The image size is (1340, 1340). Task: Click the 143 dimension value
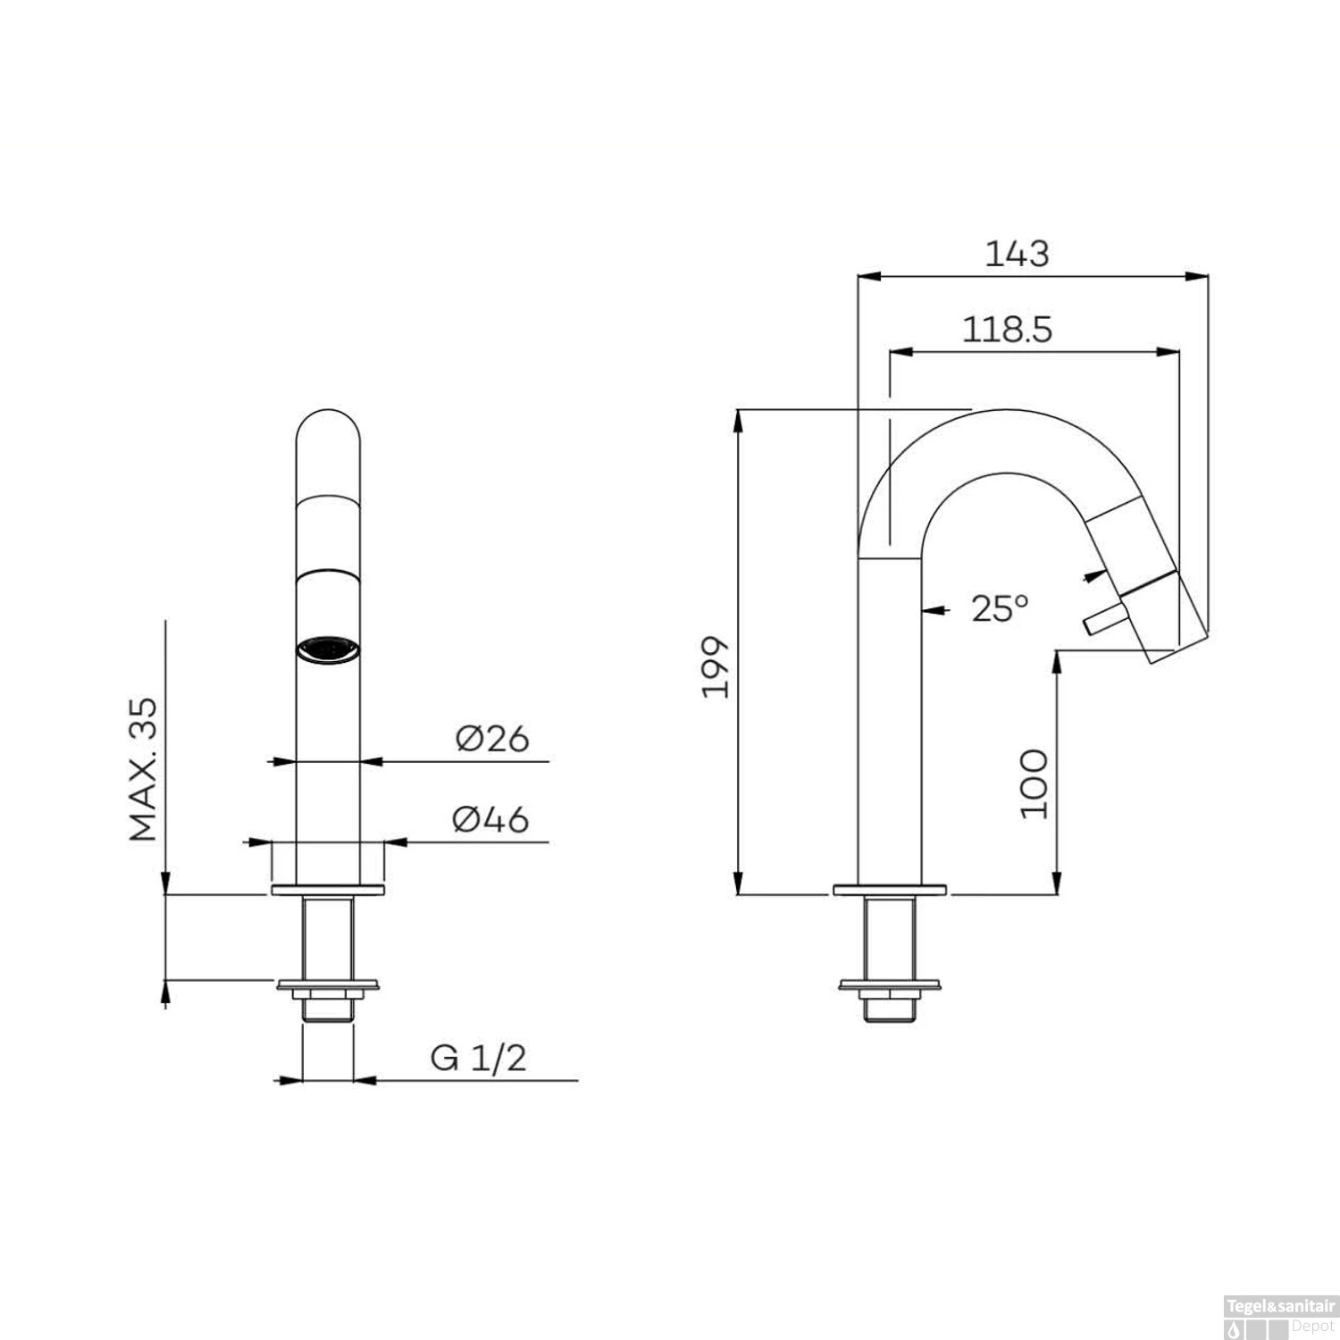(x=1017, y=254)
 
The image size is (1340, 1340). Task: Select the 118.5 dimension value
(x=1007, y=330)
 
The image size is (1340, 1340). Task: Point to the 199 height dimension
(x=716, y=666)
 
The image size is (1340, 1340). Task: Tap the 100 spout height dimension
(x=1034, y=783)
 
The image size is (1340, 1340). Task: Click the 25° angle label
(x=1000, y=609)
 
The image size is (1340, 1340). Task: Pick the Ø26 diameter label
(x=492, y=739)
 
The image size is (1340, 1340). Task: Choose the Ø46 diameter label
(x=490, y=819)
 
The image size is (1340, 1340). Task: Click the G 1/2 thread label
(x=479, y=1058)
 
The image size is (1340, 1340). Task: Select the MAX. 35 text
(x=143, y=769)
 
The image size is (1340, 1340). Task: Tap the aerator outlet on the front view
(x=328, y=649)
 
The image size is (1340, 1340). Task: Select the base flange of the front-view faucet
(x=328, y=889)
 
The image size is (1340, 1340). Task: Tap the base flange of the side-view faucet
(x=890, y=889)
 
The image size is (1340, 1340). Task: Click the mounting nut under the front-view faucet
(x=328, y=986)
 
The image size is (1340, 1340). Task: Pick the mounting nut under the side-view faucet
(x=890, y=986)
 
